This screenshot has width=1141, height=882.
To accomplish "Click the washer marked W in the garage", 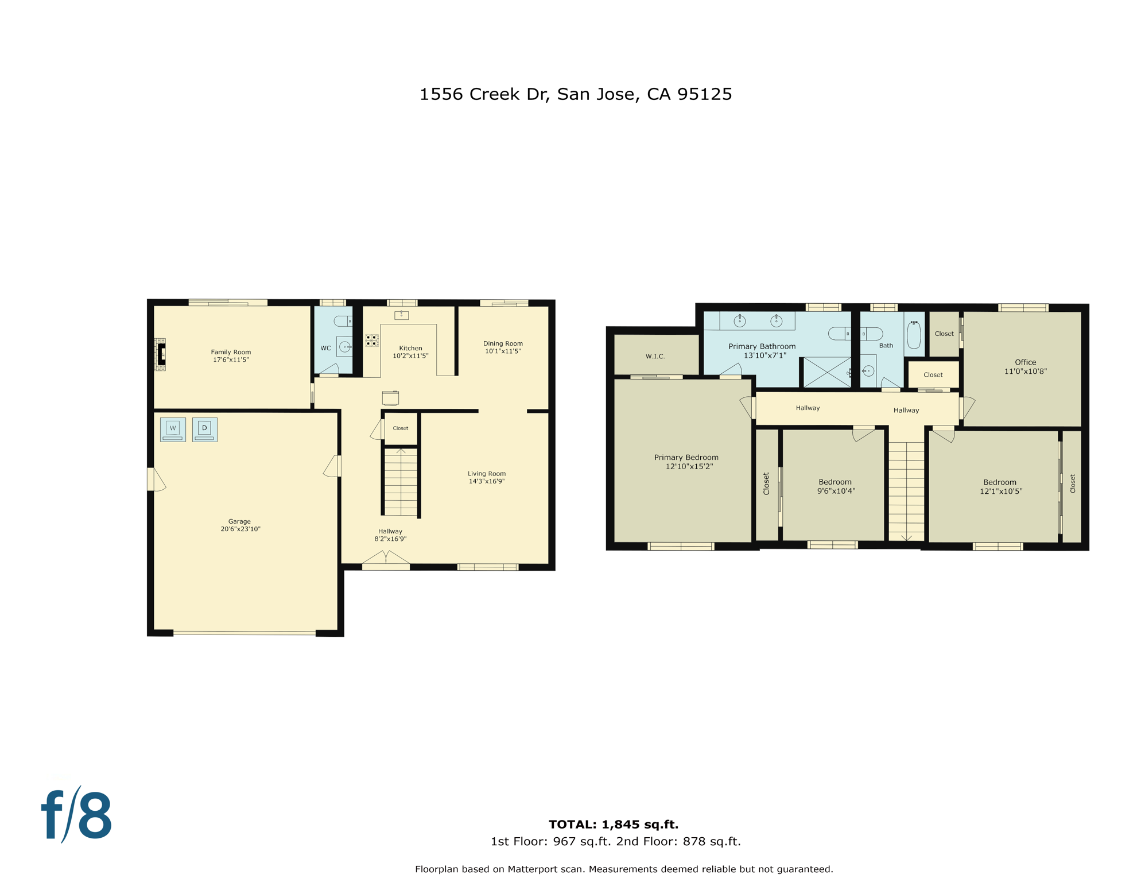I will point(173,429).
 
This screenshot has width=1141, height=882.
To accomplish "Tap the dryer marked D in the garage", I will point(204,429).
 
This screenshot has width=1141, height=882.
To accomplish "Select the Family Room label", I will point(231,352).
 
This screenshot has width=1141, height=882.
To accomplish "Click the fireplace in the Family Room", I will point(161,354).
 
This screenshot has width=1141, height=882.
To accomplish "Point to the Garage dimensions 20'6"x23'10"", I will point(240,529).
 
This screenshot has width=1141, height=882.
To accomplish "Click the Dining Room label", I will point(503,343).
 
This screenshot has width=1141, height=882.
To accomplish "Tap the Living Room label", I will point(487,474).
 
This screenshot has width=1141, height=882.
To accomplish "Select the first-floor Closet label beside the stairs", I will point(400,428).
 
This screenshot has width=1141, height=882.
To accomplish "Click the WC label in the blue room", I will point(325,348).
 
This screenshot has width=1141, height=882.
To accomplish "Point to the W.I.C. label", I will point(655,357).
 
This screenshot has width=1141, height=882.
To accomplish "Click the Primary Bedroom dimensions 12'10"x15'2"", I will point(689,467).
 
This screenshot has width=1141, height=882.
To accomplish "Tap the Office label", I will point(1025,362).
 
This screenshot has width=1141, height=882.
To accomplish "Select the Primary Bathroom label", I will point(762,346).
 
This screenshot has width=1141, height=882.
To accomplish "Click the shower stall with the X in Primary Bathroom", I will point(826,372).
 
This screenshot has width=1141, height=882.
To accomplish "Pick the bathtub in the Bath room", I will point(914,335).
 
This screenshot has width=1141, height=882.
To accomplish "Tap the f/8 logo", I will point(76,815).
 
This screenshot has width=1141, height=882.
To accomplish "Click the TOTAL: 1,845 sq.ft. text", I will point(613,825).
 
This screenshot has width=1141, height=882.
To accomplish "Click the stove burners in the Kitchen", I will point(372,341).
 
